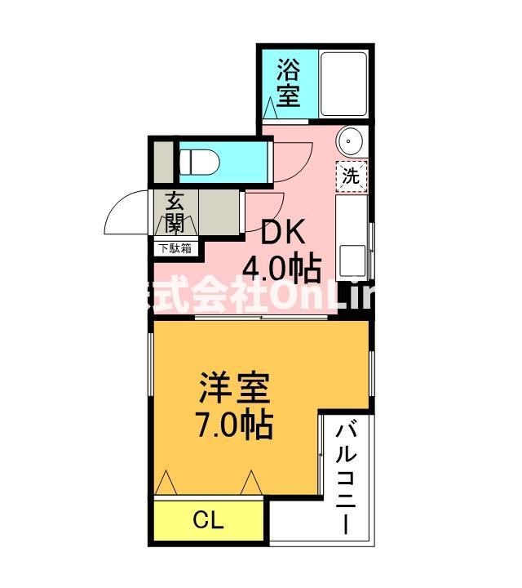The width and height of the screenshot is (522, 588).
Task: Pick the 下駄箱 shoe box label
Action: tap(175, 248)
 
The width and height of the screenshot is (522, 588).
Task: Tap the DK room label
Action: tap(282, 233)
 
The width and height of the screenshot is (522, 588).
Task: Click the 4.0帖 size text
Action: tap(282, 267)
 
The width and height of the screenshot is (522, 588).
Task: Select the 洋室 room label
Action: tap(235, 389)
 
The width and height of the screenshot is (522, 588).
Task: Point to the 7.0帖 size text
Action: tap(235, 424)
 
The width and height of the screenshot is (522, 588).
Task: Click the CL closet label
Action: tap(208, 520)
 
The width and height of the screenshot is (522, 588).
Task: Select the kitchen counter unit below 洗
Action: tap(352, 239)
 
